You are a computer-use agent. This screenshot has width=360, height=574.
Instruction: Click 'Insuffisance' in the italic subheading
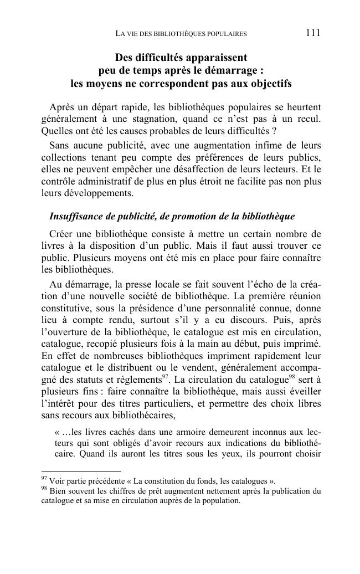click(76, 216)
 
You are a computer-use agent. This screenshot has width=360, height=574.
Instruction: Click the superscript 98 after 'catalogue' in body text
click(293, 378)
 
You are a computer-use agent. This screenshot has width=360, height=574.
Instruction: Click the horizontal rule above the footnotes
click(81, 471)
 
